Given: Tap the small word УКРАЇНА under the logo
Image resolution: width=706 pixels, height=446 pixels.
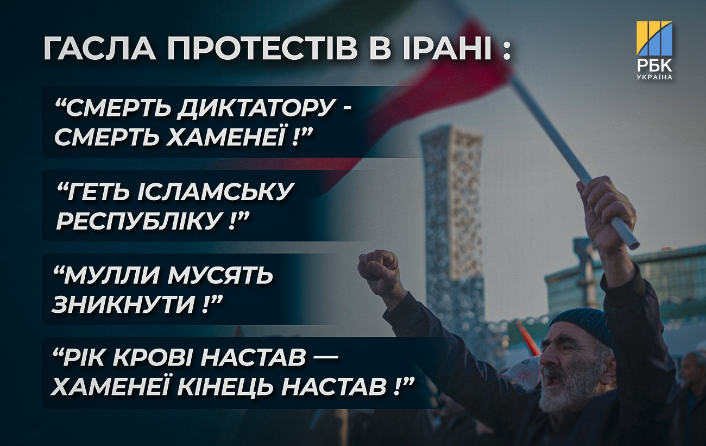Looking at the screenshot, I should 654,77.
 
